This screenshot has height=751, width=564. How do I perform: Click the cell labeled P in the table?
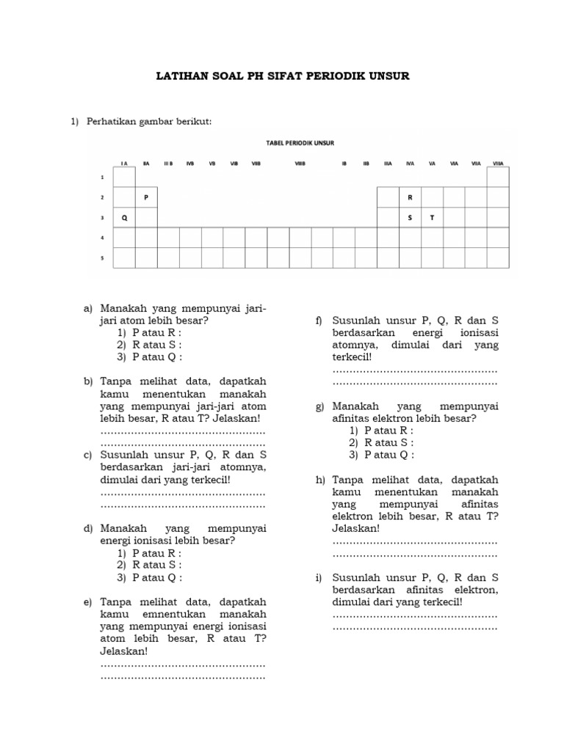146,197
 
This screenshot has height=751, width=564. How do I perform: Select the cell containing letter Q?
124,218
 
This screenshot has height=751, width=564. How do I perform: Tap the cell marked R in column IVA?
410,197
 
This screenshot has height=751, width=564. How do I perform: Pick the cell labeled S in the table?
410,218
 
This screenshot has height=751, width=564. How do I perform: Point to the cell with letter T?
432,218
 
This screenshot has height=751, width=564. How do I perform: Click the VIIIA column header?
497,164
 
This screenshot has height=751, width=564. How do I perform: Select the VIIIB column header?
300,164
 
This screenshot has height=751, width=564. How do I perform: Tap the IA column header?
124,164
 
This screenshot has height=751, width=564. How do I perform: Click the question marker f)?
319,320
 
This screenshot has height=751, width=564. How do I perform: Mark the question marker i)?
319,577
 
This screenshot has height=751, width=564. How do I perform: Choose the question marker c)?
87,455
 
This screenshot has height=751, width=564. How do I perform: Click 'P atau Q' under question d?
156,577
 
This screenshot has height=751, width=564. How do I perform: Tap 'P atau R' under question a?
156,332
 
